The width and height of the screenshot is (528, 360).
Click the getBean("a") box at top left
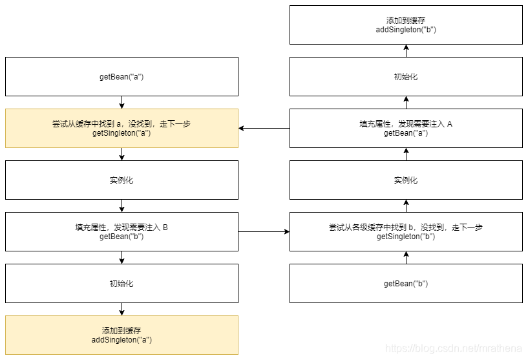(121, 76)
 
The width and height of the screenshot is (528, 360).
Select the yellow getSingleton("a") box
(121, 128)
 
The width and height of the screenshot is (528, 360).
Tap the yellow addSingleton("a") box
(121, 335)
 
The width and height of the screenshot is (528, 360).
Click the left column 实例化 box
(121, 180)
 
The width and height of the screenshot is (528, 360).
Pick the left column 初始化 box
(121, 283)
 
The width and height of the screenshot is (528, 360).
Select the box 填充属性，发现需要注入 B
(121, 231)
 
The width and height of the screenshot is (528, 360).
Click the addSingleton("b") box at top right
(406, 25)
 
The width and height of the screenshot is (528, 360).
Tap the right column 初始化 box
(406, 76)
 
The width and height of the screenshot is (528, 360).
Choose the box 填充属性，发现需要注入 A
(406, 128)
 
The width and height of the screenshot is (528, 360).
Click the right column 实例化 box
(406, 180)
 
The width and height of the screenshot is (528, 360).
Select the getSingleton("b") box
(406, 231)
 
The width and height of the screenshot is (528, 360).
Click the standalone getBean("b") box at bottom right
(406, 283)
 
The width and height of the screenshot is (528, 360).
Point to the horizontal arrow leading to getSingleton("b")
(264, 231)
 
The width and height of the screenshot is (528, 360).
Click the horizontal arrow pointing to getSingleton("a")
(264, 128)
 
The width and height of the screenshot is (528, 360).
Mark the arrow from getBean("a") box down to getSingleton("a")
(121, 102)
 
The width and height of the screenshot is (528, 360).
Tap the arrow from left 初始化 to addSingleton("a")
(121, 309)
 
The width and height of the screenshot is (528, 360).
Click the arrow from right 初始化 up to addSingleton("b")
(406, 50)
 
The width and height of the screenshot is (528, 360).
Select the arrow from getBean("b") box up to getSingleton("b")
(406, 257)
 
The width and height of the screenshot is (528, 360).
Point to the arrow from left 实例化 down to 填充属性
(121, 206)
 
